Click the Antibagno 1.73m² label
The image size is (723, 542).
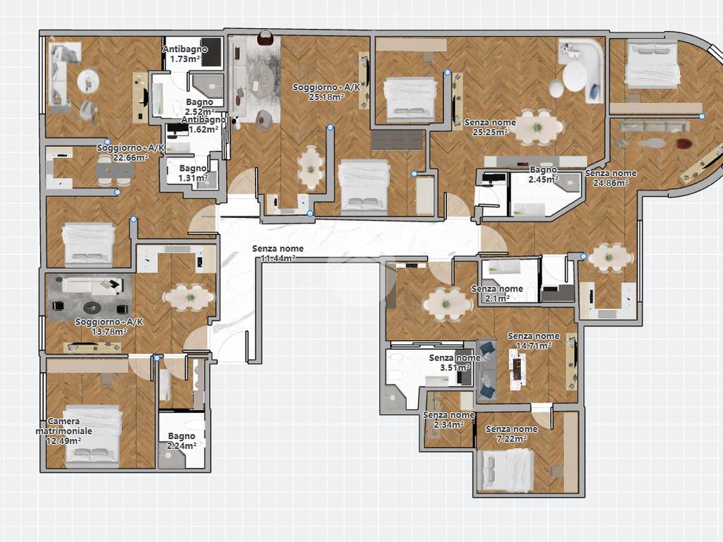[x=185, y=54]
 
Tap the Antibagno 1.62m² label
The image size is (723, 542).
[x=203, y=124]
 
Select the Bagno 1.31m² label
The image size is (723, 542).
[x=193, y=174]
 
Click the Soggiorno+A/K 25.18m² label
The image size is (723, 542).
[x=326, y=92]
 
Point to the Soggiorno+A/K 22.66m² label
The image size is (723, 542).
[x=131, y=152]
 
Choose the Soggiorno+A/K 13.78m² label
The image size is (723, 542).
[x=109, y=326]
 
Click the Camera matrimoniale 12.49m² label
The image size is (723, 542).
[x=64, y=430]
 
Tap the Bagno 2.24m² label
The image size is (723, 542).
[x=181, y=440]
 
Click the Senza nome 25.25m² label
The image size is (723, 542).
[x=490, y=127]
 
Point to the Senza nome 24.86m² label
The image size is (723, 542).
[x=611, y=178]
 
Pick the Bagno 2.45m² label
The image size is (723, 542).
[x=544, y=175]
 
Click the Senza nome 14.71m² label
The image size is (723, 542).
[x=534, y=341]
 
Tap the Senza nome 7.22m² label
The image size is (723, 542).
[x=511, y=434]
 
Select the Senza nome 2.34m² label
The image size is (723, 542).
[x=448, y=419]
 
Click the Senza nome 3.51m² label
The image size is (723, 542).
[x=455, y=362]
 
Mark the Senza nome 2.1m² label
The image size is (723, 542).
[x=497, y=293]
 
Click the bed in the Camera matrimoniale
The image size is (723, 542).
[x=92, y=436]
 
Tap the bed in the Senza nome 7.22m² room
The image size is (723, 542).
[x=506, y=469]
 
